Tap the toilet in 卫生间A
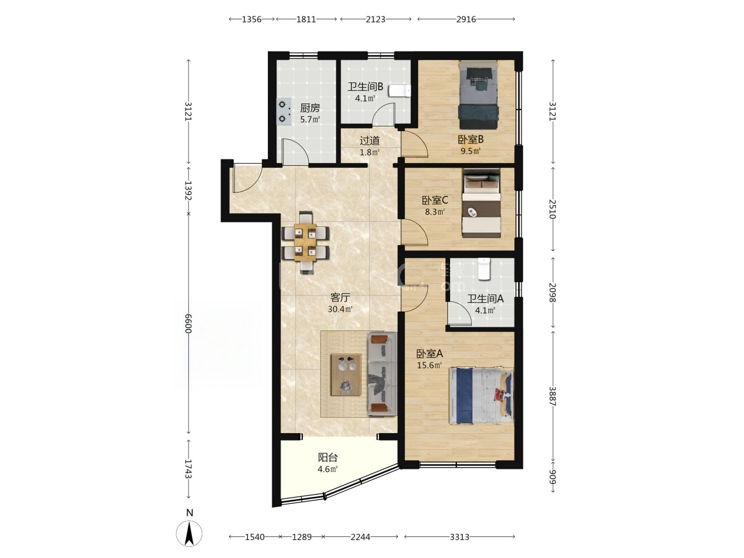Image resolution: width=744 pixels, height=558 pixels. (x=484, y=269)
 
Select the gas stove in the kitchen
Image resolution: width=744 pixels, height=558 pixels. (x=284, y=112)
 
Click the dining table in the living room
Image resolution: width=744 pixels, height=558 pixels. (x=305, y=242)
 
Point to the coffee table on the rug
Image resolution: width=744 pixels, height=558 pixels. (x=346, y=374)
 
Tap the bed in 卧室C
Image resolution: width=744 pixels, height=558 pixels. (x=481, y=203)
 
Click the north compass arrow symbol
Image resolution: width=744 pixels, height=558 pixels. (x=189, y=533)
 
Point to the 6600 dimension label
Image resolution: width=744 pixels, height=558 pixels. (x=189, y=324)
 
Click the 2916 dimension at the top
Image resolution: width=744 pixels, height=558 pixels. (x=466, y=19)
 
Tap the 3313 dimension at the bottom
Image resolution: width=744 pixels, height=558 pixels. (x=459, y=537)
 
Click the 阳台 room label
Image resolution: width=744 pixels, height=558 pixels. (x=328, y=458)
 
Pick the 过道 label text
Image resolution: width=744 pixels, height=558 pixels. (x=369, y=140)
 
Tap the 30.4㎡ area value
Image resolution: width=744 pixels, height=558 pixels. (x=340, y=309)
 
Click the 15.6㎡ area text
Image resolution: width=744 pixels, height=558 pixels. (x=429, y=365)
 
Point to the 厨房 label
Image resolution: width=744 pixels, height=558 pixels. (x=310, y=108)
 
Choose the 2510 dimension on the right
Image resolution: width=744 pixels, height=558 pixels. (x=553, y=209)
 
